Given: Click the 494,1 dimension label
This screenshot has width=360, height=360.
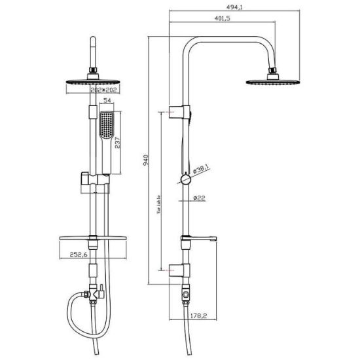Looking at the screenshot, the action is pos(234,7).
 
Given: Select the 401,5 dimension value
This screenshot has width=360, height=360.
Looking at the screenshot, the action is pos(223,18).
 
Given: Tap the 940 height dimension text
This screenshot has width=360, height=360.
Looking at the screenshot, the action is pos(146,160).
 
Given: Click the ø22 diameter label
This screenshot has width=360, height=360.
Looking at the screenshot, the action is pos(199,198).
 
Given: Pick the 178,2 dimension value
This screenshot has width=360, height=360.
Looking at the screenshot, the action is pos(198,315).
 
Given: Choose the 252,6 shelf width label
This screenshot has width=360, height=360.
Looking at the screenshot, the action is pos(79,255).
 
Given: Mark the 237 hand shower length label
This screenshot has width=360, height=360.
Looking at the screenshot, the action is pos(117,143).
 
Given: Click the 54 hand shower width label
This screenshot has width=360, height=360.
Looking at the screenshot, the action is pos(107,100).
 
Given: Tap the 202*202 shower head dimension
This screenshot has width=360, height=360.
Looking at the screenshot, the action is pos(103,90).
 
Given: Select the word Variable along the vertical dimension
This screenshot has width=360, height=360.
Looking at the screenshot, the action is pos(158,205).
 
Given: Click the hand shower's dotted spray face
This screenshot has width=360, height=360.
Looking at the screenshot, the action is pos(106,124).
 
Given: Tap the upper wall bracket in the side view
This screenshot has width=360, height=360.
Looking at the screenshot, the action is pos(179,112).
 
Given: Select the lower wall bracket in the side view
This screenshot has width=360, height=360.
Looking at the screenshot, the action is pos(179,270).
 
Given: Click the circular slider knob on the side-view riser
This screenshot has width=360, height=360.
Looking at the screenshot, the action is pos(185,179).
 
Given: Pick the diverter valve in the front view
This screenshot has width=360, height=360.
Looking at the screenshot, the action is pos(94,293).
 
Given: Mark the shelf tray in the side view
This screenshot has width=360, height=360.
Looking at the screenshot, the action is pos(199,239).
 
